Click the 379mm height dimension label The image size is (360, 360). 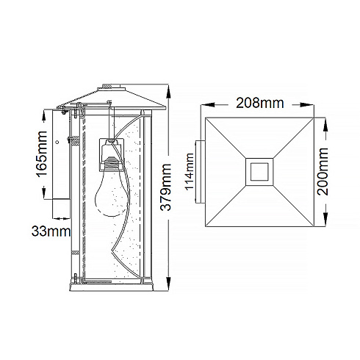(x=165, y=187)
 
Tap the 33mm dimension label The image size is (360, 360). (x=51, y=231)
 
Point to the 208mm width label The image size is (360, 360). (x=260, y=103)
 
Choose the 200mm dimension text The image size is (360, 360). (x=323, y=171)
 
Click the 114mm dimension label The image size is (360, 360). (x=190, y=172)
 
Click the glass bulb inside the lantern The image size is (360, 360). (x=112, y=192)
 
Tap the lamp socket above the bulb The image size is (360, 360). (x=112, y=155)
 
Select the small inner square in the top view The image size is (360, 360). (x=259, y=171)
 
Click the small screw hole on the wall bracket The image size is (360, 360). (x=57, y=142)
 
